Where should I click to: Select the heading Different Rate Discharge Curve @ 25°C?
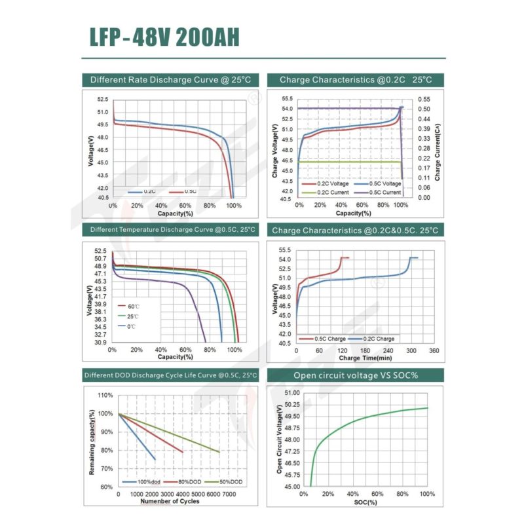[x=170, y=80]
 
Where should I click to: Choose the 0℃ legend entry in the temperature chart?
[x=131, y=326]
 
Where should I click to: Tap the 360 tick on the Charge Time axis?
[x=434, y=351]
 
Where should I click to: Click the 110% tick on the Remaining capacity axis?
[x=105, y=396]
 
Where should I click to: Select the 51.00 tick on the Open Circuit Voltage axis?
[x=291, y=392]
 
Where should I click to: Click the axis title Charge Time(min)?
[x=365, y=358]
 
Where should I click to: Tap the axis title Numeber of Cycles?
[x=171, y=502]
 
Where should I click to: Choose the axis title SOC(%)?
[x=367, y=502]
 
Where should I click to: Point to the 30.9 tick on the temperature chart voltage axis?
[x=100, y=343]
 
